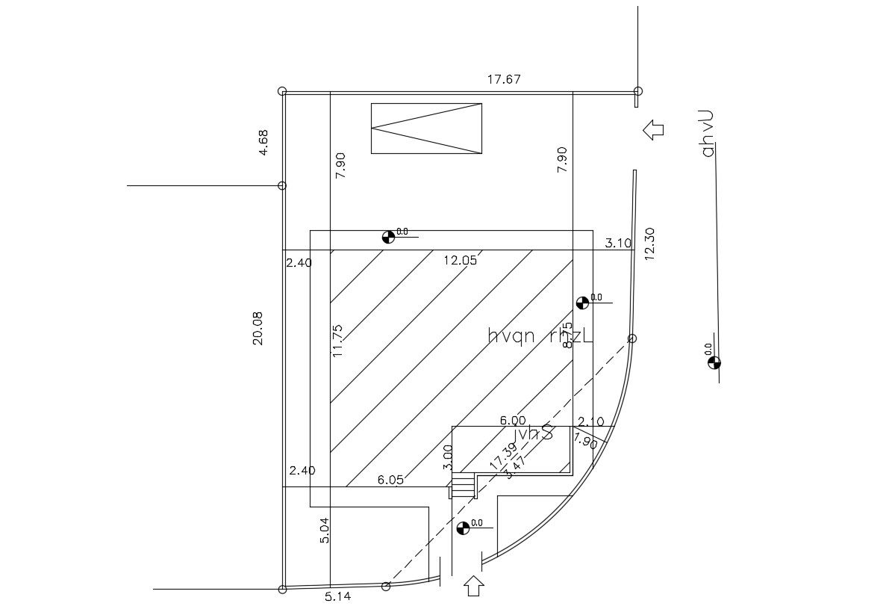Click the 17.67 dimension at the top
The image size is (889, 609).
pyautogui.click(x=504, y=79)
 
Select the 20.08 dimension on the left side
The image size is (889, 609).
pyautogui.click(x=258, y=328)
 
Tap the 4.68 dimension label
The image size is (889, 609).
pyautogui.click(x=263, y=143)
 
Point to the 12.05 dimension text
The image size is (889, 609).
pyautogui.click(x=460, y=260)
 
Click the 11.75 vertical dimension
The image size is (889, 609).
pyautogui.click(x=337, y=340)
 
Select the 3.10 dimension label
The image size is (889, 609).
pyautogui.click(x=618, y=243)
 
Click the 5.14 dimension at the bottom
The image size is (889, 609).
pyautogui.click(x=338, y=596)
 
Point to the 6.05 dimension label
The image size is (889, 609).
pyautogui.click(x=390, y=480)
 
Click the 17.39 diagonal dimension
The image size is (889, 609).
pyautogui.click(x=502, y=457)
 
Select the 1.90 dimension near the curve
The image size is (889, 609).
pyautogui.click(x=586, y=441)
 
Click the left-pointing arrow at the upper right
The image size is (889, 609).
pyautogui.click(x=653, y=130)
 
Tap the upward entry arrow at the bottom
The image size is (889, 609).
pyautogui.click(x=473, y=585)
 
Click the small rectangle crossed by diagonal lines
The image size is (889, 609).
pyautogui.click(x=426, y=129)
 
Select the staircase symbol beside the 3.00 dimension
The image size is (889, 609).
pyautogui.click(x=463, y=487)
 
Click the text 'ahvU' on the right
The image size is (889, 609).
pyautogui.click(x=708, y=134)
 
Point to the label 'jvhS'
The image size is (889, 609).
pyautogui.click(x=534, y=433)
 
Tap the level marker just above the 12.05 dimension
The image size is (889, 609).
pyautogui.click(x=387, y=237)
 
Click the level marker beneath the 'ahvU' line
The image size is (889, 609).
pyautogui.click(x=714, y=363)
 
